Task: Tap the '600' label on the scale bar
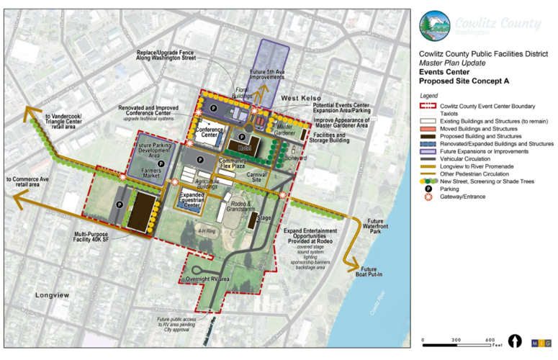point(490,340)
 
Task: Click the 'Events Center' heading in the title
point(445,71)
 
